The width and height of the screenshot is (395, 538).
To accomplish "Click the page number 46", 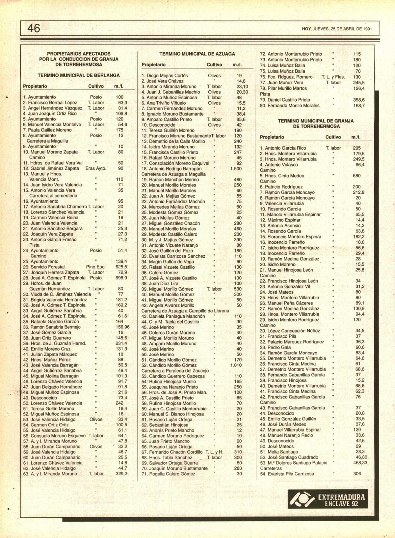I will tap(34, 28).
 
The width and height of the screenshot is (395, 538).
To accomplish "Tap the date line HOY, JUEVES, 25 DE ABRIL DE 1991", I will tap(337, 29).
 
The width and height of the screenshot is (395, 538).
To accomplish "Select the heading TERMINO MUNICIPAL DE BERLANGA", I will tap(79, 75).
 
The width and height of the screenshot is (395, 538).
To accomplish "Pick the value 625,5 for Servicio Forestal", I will tap(121, 267).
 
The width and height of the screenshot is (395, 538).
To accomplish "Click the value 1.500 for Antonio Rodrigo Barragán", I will tap(236, 169).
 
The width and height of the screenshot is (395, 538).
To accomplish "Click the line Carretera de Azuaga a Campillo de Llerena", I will tap(185, 311).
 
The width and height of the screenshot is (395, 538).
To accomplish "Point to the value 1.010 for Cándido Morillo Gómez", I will tap(236, 365).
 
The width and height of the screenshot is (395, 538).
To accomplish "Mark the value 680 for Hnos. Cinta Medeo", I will tap(356, 176).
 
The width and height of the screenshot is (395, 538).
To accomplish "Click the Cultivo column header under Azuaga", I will tap(214, 65).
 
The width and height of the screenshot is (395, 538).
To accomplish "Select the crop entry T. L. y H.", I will tap(214, 452).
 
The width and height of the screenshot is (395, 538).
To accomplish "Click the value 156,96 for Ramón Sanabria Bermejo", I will tap(122, 327).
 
